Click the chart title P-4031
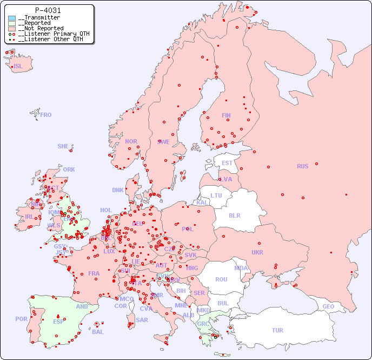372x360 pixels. click(48, 10)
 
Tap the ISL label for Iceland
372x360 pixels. click(18, 67)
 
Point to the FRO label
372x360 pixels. click(46, 115)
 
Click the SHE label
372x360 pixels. click(63, 146)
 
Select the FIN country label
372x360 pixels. click(226, 115)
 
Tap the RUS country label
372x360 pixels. click(302, 166)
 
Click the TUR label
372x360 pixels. click(277, 330)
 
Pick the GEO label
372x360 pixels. click(328, 306)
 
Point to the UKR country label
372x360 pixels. click(257, 252)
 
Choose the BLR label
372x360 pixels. click(234, 215)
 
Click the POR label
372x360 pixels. click(21, 319)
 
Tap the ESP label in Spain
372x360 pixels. click(58, 321)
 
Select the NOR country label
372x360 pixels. click(131, 141)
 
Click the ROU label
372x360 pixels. click(221, 279)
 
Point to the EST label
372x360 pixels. click(227, 163)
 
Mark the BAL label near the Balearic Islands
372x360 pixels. click(97, 332)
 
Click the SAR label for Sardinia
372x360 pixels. click(142, 320)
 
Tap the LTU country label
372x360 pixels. click(216, 195)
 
